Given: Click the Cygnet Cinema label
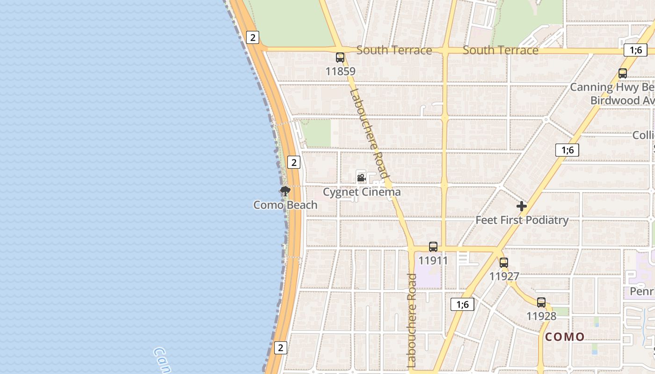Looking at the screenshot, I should (362, 192).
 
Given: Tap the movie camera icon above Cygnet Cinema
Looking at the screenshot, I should (361, 178).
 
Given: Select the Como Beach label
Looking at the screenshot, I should (285, 205).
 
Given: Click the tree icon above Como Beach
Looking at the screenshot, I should (285, 191).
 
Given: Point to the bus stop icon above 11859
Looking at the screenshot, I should (340, 58).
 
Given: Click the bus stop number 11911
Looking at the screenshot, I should (433, 260).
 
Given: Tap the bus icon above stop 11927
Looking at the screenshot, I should (504, 263).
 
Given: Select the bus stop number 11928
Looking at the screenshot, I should (541, 316).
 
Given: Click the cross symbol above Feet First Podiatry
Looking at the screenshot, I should (522, 206).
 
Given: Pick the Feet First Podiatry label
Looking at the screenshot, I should (522, 220).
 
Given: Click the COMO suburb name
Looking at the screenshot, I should (565, 337).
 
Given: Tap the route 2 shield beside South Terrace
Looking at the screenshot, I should (253, 37).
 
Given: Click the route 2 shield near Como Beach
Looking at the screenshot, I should (294, 162).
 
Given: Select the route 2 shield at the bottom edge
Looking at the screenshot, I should (280, 347).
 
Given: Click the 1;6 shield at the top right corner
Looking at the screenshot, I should (635, 50).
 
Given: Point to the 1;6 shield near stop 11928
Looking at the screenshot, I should (462, 304).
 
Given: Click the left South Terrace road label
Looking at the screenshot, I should (394, 50).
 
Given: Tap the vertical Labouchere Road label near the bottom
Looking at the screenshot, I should (412, 320).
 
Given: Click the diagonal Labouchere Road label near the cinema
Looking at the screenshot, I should (370, 133).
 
